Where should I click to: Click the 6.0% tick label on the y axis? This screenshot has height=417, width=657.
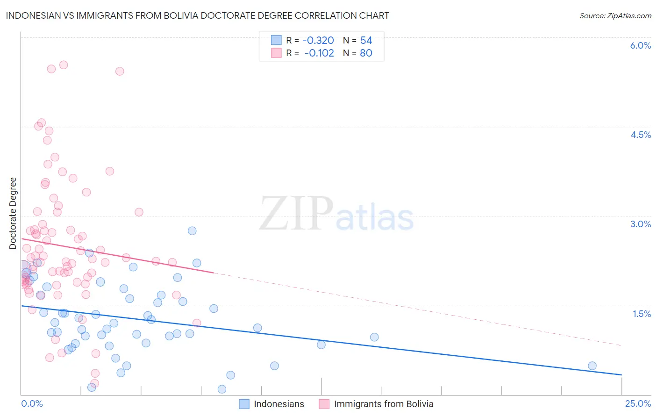coord(640,45)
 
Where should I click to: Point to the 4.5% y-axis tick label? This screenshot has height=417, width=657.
coord(641,135)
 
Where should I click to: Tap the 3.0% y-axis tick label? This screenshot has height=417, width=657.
coord(640,224)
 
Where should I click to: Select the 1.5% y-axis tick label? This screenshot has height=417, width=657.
coord(642,314)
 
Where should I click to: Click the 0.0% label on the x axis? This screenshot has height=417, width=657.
coord(32,403)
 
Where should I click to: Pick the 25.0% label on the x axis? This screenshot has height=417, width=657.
coord(638,403)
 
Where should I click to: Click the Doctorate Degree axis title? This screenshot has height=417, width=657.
coord(13,213)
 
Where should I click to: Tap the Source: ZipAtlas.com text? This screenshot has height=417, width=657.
coord(615,15)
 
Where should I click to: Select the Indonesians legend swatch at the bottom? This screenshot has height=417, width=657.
coord(244,404)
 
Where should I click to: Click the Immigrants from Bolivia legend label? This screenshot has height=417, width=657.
coord(384,404)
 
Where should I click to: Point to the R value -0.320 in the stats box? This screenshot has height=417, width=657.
coord(318,41)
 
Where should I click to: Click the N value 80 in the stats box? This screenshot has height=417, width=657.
coord(366,53)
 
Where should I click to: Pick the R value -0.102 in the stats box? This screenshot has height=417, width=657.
coord(319,53)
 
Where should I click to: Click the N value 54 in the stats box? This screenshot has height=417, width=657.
coord(366,41)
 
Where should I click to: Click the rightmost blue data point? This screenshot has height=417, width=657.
coord(592,366)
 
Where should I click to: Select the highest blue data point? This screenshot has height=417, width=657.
coord(192,230)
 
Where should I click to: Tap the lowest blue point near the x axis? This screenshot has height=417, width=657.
coord(222,389)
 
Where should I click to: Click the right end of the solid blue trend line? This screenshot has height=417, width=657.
coord(621,374)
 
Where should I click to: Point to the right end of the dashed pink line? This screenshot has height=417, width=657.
coord(621,345)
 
